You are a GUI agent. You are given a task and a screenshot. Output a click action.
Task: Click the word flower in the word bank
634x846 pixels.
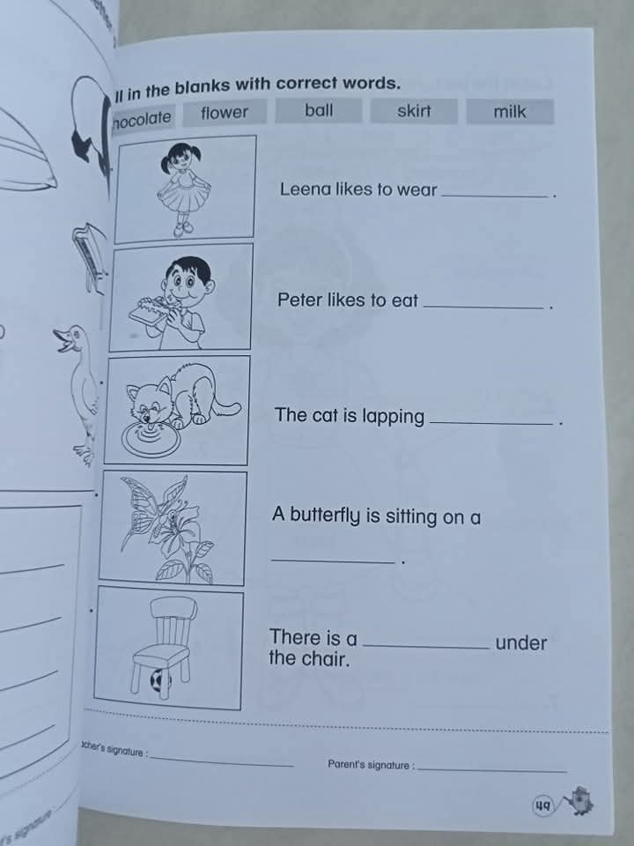pyautogui.click(x=225, y=113)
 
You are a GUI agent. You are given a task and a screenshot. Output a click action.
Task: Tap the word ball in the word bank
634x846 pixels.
pyautogui.click(x=319, y=111)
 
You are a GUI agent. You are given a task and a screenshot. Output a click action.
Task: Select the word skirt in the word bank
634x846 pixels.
pyautogui.click(x=414, y=111)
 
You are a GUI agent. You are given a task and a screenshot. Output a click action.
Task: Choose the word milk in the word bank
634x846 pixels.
pyautogui.click(x=509, y=112)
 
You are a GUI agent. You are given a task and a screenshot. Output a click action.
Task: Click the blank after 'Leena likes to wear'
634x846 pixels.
pyautogui.click(x=496, y=192)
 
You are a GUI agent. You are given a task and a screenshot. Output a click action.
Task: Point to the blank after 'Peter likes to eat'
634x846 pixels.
pyautogui.click(x=483, y=303)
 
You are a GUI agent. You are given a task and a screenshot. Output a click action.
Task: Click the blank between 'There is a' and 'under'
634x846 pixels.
pyautogui.click(x=426, y=645)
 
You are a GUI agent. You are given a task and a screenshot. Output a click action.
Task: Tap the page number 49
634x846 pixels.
pyautogui.click(x=542, y=805)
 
